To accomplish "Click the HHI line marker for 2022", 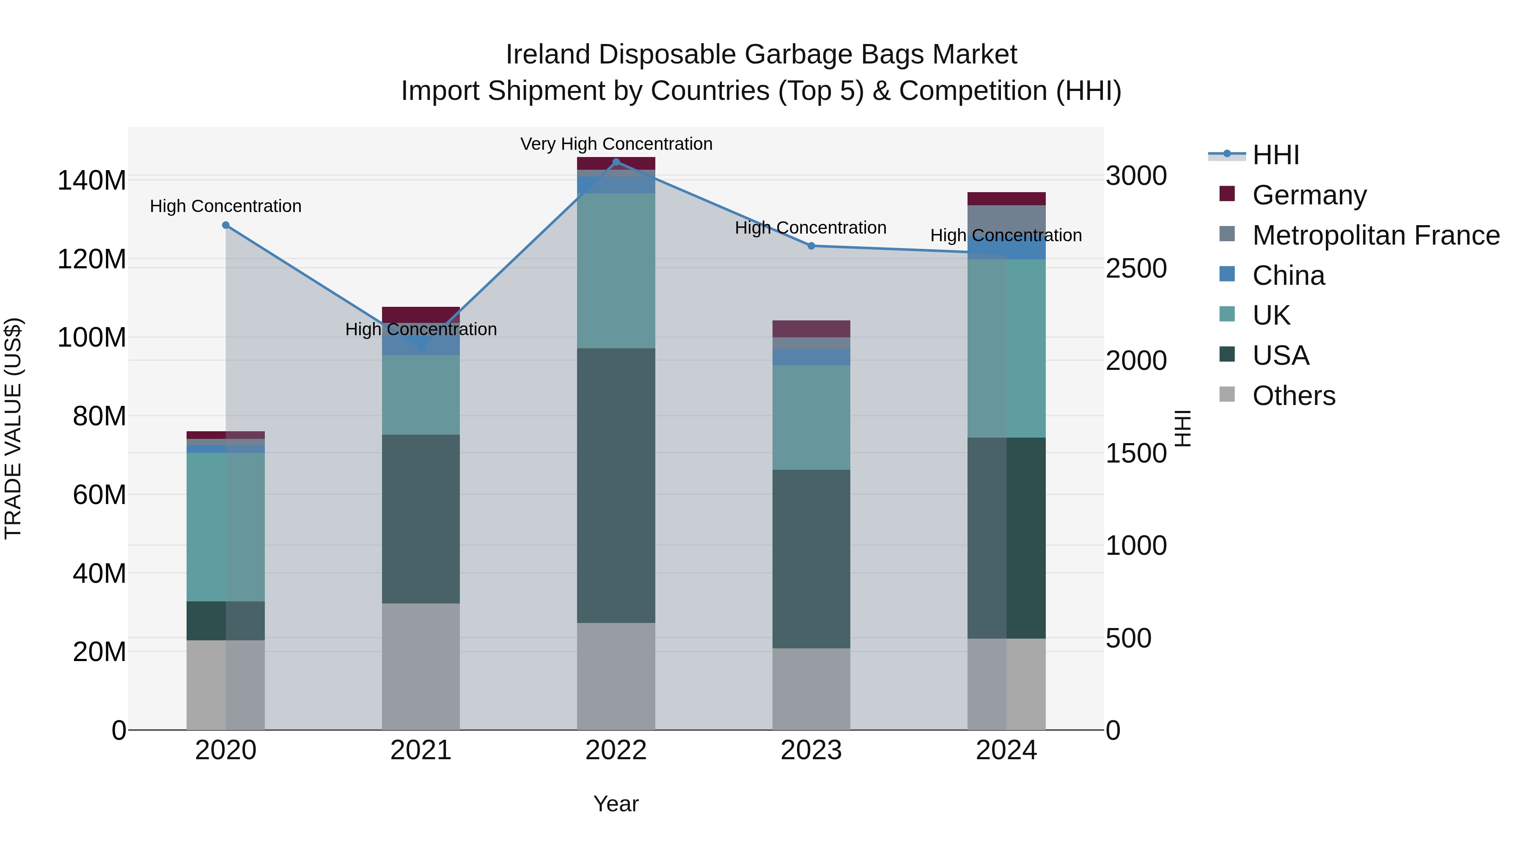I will (x=616, y=162).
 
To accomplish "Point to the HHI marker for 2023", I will (x=811, y=245).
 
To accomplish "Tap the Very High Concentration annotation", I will (x=616, y=144).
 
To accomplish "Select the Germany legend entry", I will (x=1309, y=195).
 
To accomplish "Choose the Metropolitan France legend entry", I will (x=1375, y=235).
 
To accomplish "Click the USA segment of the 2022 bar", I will (x=616, y=485).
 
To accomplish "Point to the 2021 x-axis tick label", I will (x=421, y=750).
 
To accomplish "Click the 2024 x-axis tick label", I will (x=1006, y=750).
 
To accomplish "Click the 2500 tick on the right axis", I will (x=1136, y=268).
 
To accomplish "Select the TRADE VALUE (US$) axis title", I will (x=13, y=428).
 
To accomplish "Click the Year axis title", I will (x=616, y=804).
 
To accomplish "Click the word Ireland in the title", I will (x=548, y=55).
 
